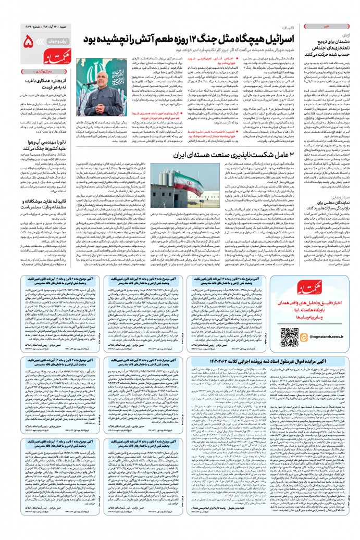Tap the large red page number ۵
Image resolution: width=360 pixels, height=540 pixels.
pyautogui.click(x=30, y=40)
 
